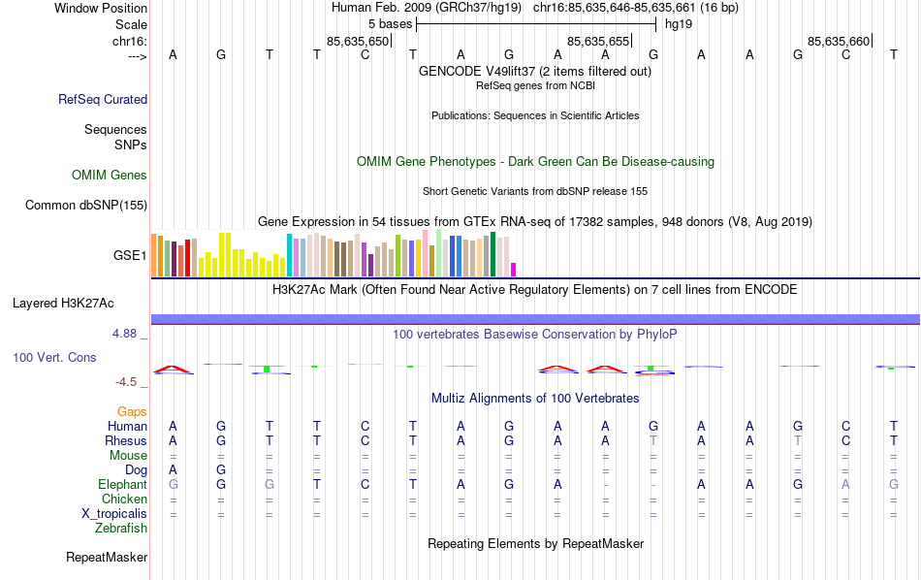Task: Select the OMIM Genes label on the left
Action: tap(110, 176)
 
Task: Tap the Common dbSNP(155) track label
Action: tap(86, 205)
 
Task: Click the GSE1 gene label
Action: tap(130, 256)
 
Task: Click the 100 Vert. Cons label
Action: tap(54, 358)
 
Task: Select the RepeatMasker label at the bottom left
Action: tap(107, 558)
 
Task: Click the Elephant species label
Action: tap(122, 485)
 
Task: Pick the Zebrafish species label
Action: tap(121, 529)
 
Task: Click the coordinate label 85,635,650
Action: tap(358, 41)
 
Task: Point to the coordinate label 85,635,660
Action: tap(839, 41)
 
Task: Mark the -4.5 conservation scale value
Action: tap(127, 383)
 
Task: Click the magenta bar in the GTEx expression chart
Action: tap(514, 270)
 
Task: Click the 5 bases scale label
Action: tap(390, 22)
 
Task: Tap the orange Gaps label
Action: tap(132, 412)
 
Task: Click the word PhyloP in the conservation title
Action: tap(656, 335)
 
